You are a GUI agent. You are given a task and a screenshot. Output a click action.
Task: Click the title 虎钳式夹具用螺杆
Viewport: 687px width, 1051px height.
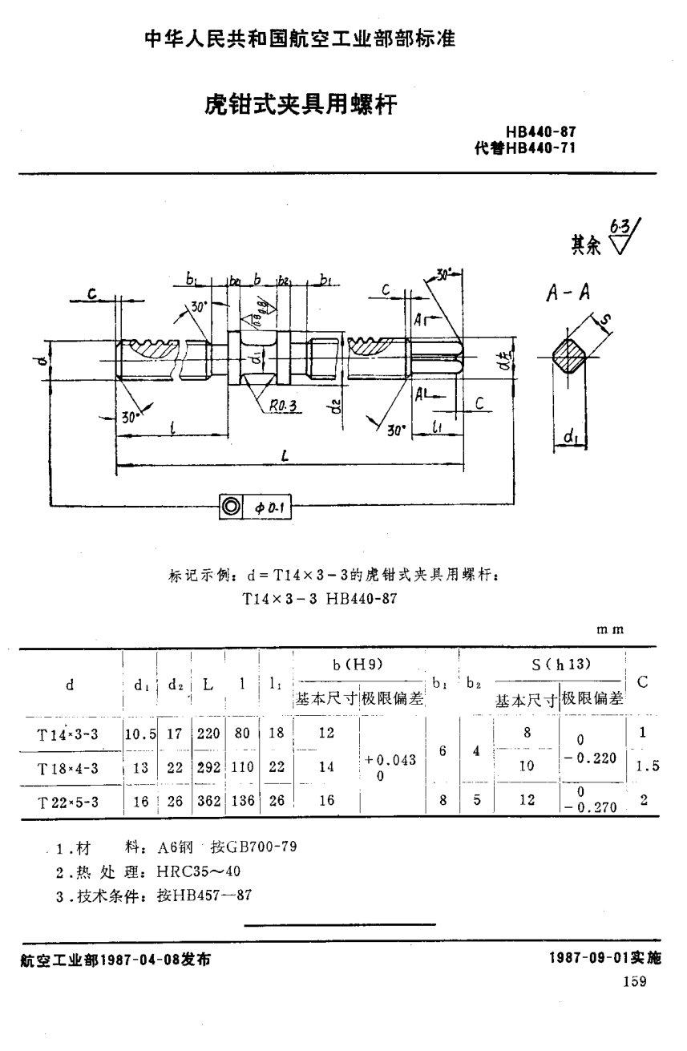tap(301, 105)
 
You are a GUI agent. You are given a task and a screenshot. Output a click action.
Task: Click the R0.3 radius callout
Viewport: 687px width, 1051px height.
tap(283, 407)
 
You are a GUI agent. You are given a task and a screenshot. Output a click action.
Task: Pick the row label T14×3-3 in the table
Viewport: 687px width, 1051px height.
tap(68, 734)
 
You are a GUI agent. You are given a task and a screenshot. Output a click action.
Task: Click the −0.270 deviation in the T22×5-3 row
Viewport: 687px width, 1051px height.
tap(591, 807)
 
